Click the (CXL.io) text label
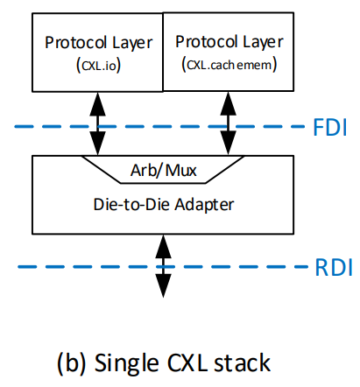coord(98,65)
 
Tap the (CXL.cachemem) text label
coord(229,65)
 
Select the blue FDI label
coord(330,128)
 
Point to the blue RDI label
coord(334,268)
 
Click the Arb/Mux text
coord(164,170)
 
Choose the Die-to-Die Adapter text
coord(164,204)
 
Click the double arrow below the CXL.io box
coord(97,123)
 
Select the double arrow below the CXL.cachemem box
coord(228,123)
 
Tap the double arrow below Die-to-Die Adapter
coord(163,266)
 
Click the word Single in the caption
coord(126,363)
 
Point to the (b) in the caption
coord(72,362)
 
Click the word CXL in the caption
coord(188,362)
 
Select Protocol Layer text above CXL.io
coord(98,43)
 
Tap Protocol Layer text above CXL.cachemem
coord(229,42)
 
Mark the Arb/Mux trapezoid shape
coord(163,170)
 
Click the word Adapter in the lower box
coord(204,205)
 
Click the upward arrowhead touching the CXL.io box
coord(97,104)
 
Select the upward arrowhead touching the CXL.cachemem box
coord(228,104)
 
